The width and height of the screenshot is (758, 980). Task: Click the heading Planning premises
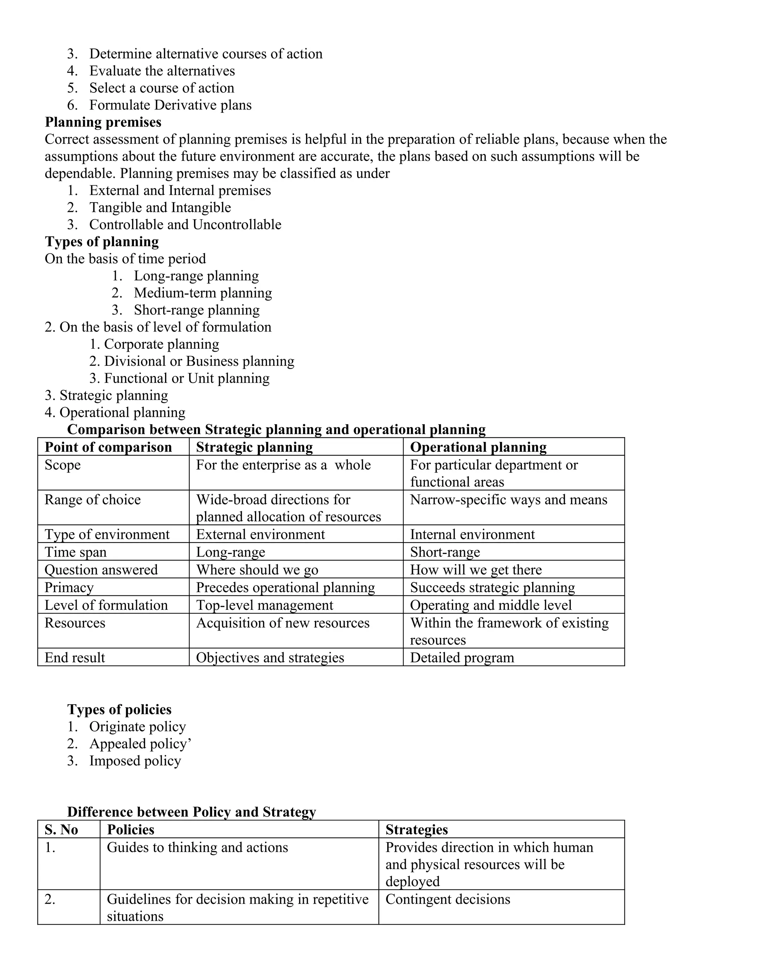pyautogui.click(x=103, y=122)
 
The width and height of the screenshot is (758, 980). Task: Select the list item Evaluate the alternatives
pyautogui.click(x=162, y=71)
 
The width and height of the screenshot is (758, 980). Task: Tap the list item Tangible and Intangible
pyautogui.click(x=160, y=207)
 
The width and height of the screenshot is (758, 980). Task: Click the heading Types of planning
pyautogui.click(x=101, y=241)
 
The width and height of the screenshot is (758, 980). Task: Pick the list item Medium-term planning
pyautogui.click(x=202, y=293)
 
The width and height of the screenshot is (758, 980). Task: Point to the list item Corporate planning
pyautogui.click(x=161, y=344)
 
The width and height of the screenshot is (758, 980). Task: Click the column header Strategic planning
pyautogui.click(x=254, y=447)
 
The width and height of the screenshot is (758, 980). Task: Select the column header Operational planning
pyautogui.click(x=478, y=447)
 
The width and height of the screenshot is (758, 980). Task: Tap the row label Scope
pyautogui.click(x=63, y=465)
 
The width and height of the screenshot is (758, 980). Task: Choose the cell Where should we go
pyautogui.click(x=257, y=570)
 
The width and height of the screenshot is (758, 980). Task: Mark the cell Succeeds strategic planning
pyautogui.click(x=492, y=587)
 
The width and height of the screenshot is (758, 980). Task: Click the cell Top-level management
pyautogui.click(x=265, y=605)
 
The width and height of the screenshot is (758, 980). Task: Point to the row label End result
pyautogui.click(x=74, y=658)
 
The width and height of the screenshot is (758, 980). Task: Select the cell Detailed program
pyautogui.click(x=462, y=658)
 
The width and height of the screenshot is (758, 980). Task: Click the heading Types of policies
pyautogui.click(x=119, y=709)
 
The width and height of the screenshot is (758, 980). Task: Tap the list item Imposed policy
pyautogui.click(x=135, y=761)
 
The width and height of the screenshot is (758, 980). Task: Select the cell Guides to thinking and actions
pyautogui.click(x=197, y=847)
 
